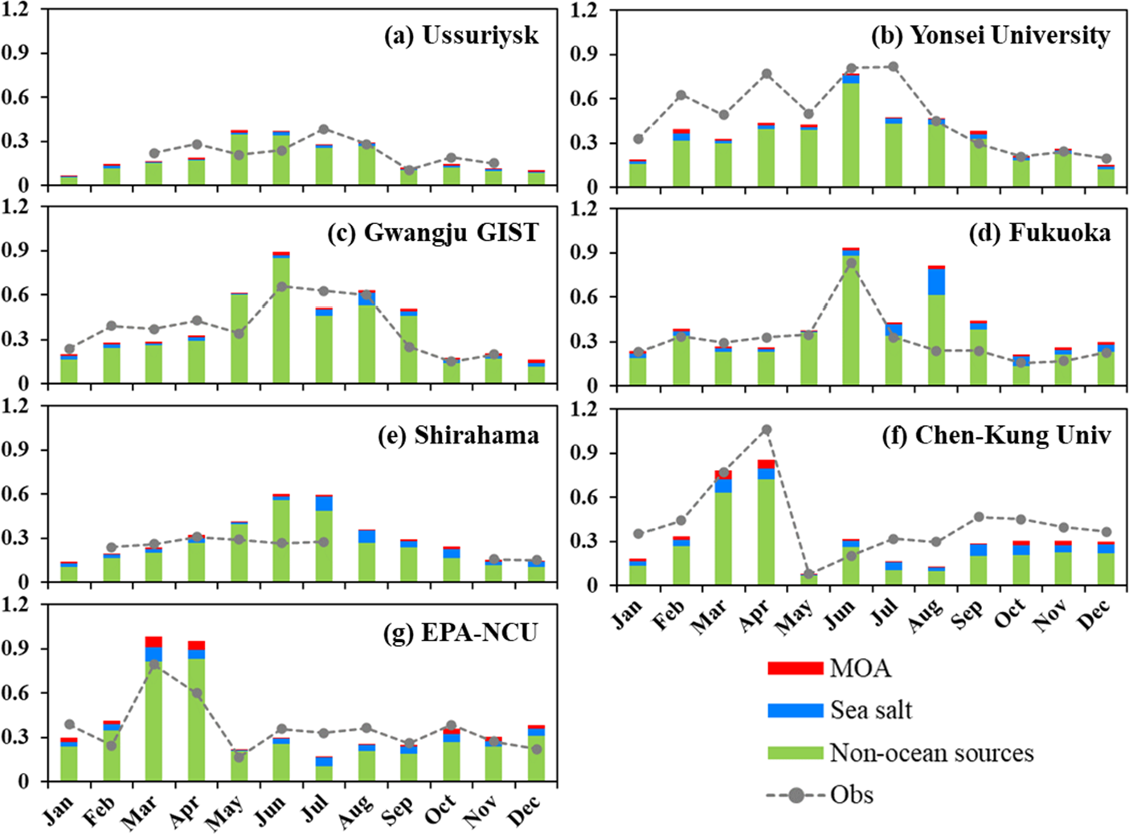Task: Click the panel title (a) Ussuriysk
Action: tap(461, 35)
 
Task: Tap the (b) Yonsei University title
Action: tap(990, 35)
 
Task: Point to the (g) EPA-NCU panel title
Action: tap(460, 633)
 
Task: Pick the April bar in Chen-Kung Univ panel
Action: tap(767, 522)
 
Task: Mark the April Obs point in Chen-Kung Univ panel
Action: tap(767, 430)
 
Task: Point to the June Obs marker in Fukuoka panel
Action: tap(851, 263)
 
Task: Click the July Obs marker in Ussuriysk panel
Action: tap(324, 129)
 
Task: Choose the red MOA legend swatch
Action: tap(795, 668)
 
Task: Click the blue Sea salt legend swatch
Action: tap(795, 710)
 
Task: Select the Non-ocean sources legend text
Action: tap(931, 753)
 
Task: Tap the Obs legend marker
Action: tap(796, 795)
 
